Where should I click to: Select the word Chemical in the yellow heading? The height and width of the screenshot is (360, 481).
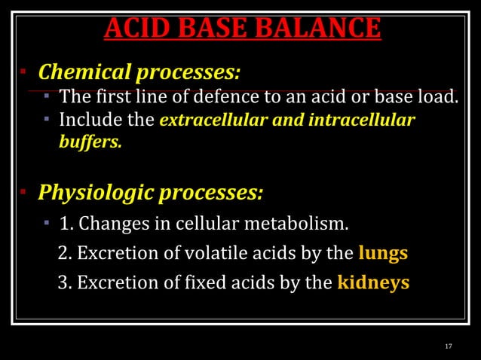tap(84, 73)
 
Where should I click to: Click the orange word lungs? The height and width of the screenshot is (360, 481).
tap(383, 253)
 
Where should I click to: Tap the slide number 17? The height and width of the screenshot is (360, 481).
tap(449, 346)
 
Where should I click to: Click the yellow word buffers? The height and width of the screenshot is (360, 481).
tap(90, 141)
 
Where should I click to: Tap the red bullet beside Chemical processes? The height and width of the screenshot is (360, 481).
tap(23, 73)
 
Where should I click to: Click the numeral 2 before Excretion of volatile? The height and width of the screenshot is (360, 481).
tap(63, 254)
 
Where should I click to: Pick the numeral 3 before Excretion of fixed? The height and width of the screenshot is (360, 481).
tap(63, 283)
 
